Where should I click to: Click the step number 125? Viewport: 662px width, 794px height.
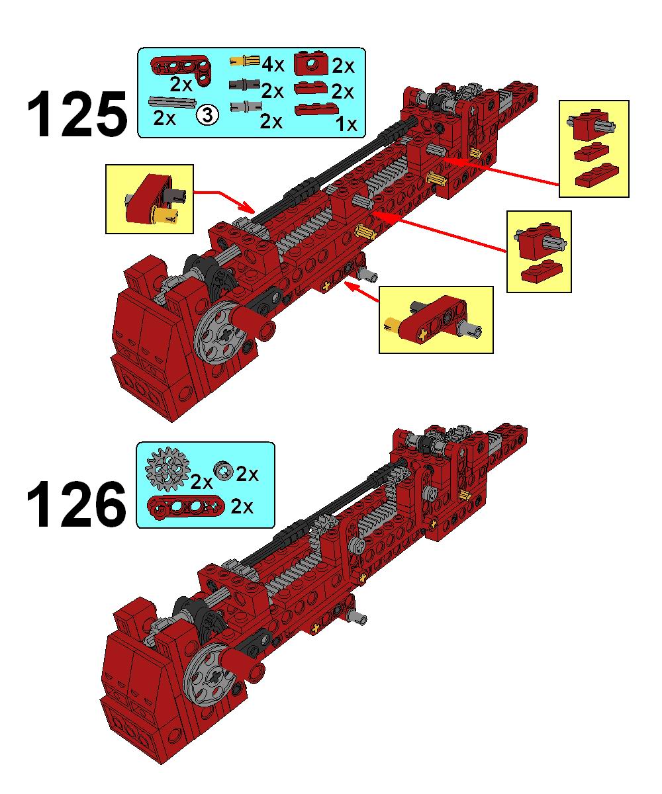77,113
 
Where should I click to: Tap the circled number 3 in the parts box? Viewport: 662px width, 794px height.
207,115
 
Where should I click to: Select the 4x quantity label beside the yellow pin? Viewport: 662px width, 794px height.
273,65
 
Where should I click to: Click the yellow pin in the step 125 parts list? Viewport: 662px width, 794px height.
244,61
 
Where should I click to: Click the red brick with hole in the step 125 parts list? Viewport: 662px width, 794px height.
311,63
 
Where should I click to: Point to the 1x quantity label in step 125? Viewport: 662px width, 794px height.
346,124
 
